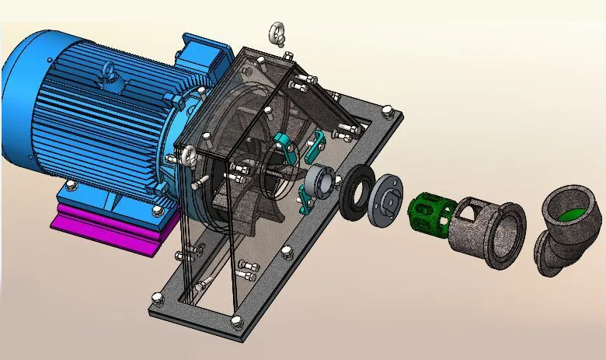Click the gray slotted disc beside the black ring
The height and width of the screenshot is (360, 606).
(x=386, y=201)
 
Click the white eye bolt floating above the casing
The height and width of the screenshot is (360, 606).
(x=277, y=33)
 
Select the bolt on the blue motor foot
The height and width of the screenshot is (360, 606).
(x=71, y=185)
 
